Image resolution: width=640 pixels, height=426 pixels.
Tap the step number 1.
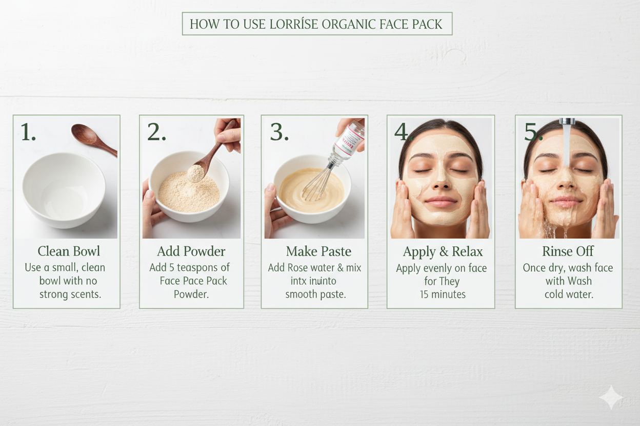pyautogui.click(x=28, y=132)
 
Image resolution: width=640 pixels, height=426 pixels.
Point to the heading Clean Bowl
pyautogui.click(x=69, y=251)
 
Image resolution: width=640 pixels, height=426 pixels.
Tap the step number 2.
pyautogui.click(x=156, y=132)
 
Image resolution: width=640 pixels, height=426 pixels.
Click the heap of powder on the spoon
pyautogui.click(x=195, y=173)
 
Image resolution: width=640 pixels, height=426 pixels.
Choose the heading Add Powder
pyautogui.click(x=191, y=251)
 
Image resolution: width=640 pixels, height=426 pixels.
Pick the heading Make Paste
pyautogui.click(x=318, y=251)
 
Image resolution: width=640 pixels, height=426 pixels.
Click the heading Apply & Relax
pyautogui.click(x=443, y=252)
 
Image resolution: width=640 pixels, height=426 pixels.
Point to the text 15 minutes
pyautogui.click(x=442, y=294)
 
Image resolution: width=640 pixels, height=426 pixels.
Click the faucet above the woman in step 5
pyautogui.click(x=567, y=122)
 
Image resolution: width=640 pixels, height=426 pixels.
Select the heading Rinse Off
pyautogui.click(x=568, y=251)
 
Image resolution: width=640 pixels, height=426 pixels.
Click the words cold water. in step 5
pyautogui.click(x=569, y=294)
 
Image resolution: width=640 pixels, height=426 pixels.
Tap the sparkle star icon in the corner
pyautogui.click(x=611, y=398)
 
